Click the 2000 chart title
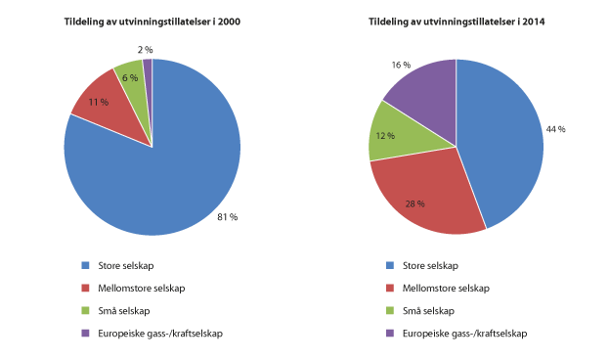pyautogui.click(x=152, y=22)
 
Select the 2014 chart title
pyautogui.click(x=456, y=22)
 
